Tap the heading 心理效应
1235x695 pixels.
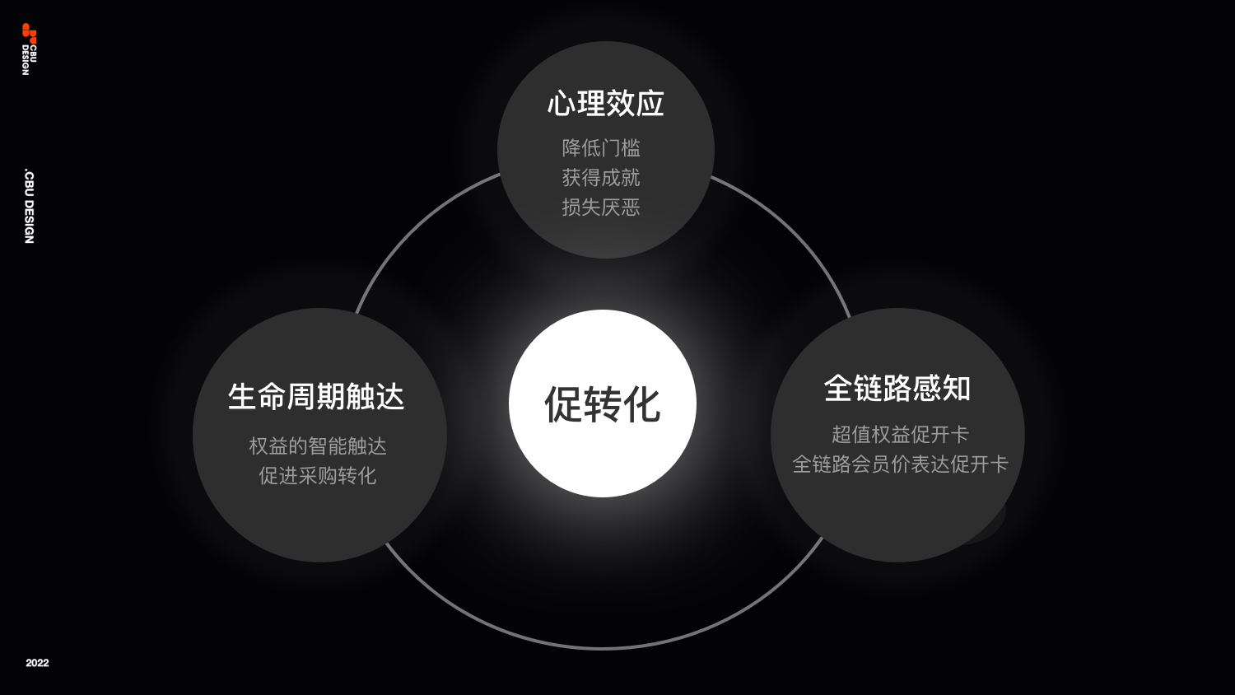pos(606,104)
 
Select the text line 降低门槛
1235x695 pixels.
pos(601,148)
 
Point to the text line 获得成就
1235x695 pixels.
pos(601,178)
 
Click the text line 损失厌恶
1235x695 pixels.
pos(601,208)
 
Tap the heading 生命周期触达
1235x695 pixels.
pos(316,397)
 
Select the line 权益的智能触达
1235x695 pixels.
pos(318,446)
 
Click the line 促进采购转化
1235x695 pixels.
pos(318,476)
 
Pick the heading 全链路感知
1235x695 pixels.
pos(897,389)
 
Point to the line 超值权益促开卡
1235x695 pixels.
pos(900,435)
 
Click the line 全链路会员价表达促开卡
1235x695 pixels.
pos(900,464)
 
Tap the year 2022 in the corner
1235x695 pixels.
pos(37,663)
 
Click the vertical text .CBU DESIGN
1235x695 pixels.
pos(29,207)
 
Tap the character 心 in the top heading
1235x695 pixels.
pos(562,104)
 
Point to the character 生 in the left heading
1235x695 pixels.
pos(243,397)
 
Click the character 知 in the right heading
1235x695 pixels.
pos(957,389)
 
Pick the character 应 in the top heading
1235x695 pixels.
pos(650,104)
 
